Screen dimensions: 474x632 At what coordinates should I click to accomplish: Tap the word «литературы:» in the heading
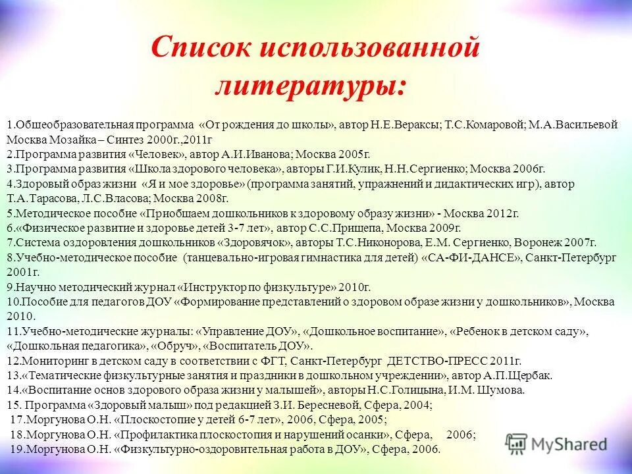pos(309,86)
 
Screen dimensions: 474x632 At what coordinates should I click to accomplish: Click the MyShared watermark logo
pos(556,443)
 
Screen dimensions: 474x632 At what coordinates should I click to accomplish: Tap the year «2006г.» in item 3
pos(529,169)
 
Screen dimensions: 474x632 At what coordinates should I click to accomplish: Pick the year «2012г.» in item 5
pos(503,213)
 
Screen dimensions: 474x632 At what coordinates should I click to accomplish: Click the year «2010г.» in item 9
pos(356,287)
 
